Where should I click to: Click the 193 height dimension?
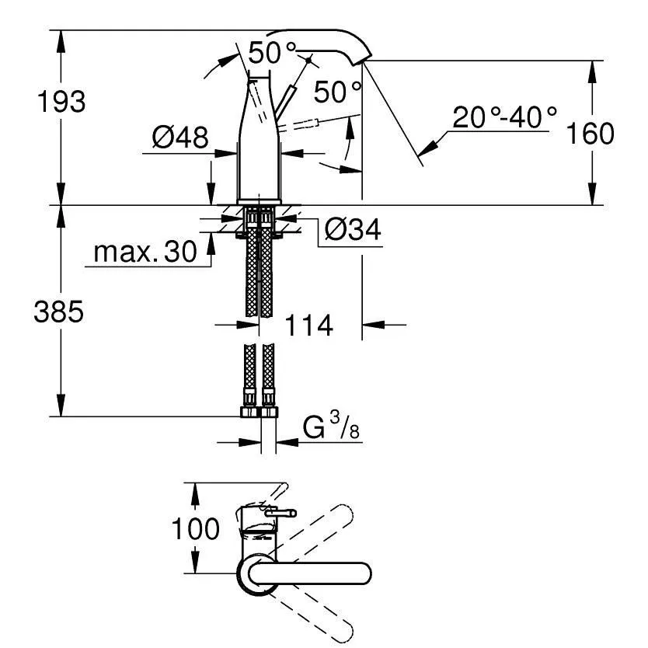point(61,102)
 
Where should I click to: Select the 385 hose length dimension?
point(59,312)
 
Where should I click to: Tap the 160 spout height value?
point(590,134)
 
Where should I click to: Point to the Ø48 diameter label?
point(180,138)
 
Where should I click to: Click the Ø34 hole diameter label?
point(353,229)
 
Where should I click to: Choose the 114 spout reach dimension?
point(308,326)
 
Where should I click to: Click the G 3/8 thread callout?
point(331,426)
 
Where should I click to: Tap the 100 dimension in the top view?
point(195,528)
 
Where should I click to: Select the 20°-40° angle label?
point(504,117)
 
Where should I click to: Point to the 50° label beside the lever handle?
point(338,92)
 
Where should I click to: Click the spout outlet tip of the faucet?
point(361,61)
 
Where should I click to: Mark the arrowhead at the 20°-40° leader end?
point(427,148)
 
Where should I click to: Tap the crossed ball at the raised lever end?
point(308,61)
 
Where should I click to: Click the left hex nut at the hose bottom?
point(249,412)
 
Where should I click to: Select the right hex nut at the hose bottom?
point(269,412)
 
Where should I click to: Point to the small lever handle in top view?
point(280,514)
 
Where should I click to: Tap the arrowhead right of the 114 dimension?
point(373,326)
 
